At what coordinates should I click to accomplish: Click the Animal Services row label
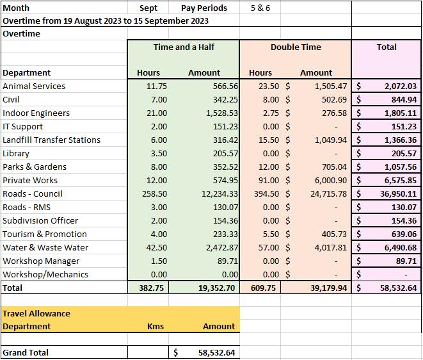34,86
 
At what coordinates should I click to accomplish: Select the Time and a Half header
184,47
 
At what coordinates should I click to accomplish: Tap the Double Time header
296,47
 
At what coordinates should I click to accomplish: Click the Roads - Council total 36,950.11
399,194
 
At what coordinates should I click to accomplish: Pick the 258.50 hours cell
155,194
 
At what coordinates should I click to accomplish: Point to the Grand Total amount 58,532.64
217,352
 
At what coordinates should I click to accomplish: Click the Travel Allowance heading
36,313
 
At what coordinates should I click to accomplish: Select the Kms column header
156,326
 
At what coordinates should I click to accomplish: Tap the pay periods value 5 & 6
260,8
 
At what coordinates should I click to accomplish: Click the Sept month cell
148,8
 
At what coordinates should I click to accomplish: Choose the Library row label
16,153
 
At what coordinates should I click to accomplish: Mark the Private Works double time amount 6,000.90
331,181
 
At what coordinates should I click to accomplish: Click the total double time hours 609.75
263,288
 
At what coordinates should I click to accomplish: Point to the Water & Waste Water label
45,248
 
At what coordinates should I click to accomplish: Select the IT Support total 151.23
404,127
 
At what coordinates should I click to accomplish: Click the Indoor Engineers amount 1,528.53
222,113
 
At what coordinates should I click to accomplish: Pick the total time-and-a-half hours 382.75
151,288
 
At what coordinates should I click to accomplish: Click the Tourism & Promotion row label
45,234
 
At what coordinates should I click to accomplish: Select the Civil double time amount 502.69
334,100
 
